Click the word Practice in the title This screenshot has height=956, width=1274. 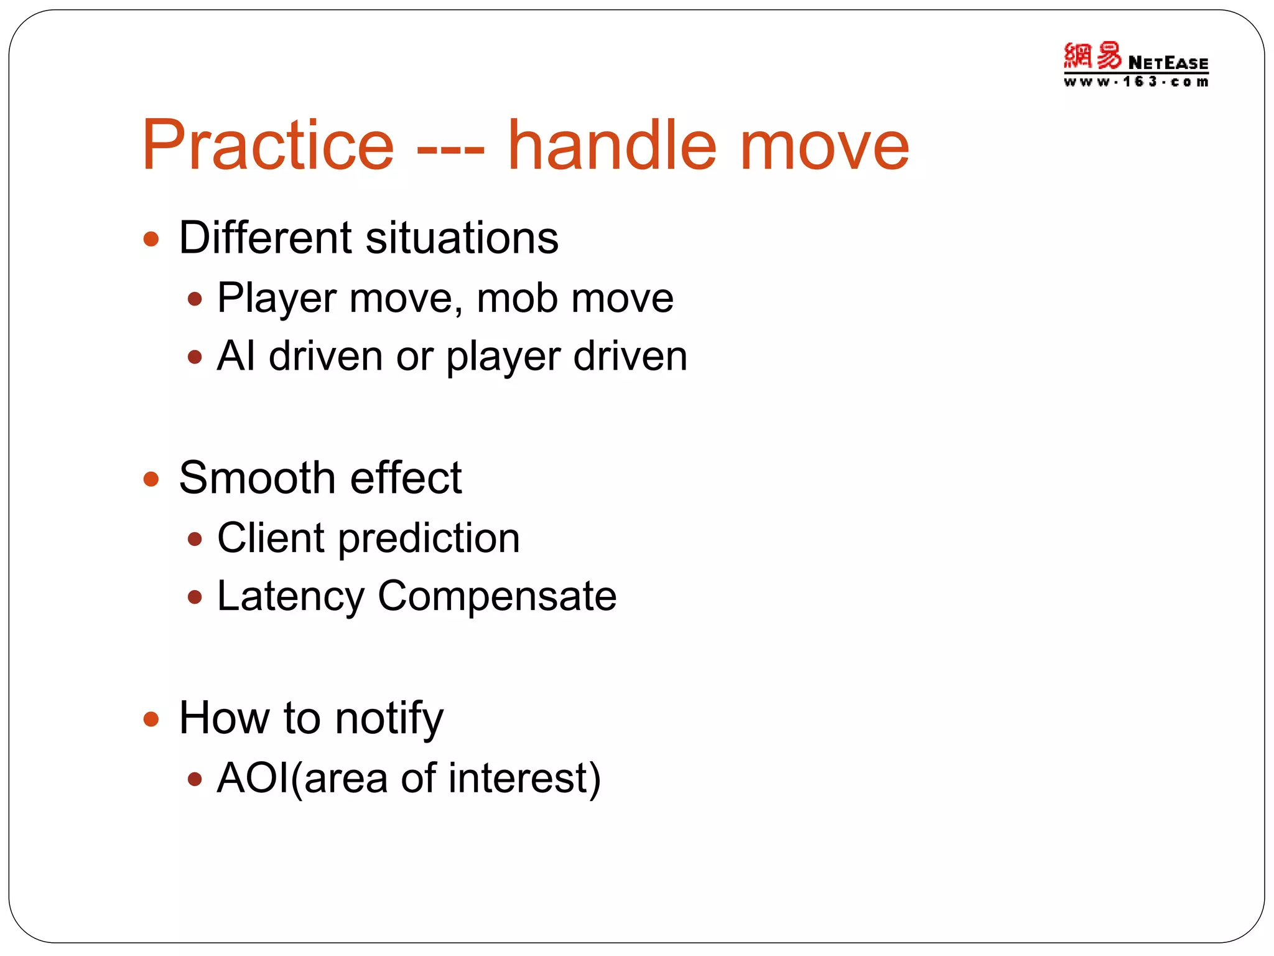point(268,146)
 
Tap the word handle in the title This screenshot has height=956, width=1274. point(612,146)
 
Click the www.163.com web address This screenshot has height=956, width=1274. point(1136,82)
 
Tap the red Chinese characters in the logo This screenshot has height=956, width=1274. point(1092,56)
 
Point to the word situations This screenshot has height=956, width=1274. point(462,238)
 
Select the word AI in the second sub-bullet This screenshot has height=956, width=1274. point(236,357)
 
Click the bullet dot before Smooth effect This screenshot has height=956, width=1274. point(151,479)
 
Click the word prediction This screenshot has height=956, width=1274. point(429,539)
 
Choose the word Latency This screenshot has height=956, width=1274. point(291,596)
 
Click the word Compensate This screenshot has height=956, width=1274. point(497,596)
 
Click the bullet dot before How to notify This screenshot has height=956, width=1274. point(151,719)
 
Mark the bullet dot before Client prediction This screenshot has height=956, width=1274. point(195,539)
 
